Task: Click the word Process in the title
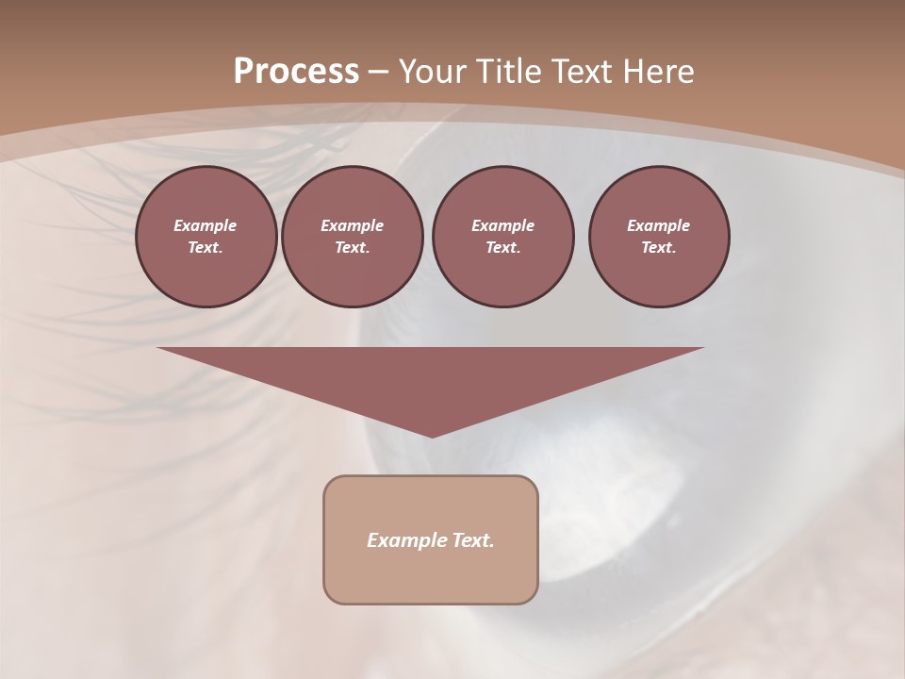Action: click(296, 72)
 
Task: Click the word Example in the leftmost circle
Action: click(206, 225)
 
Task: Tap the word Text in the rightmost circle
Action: click(658, 247)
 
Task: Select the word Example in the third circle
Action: click(502, 225)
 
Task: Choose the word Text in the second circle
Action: click(352, 247)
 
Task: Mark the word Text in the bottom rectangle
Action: click(470, 540)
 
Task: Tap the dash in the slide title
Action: click(378, 72)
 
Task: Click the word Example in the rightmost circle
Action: click(658, 225)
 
